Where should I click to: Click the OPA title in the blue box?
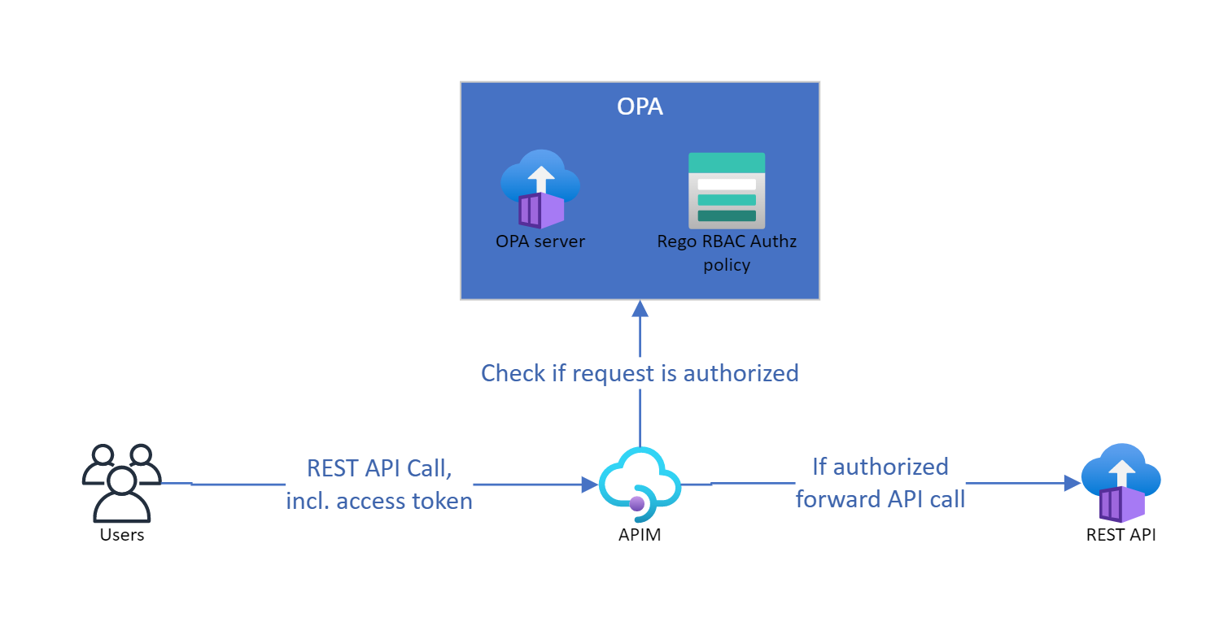640,106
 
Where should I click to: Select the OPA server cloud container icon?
540,189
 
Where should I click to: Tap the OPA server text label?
540,241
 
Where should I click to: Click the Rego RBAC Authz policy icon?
726,190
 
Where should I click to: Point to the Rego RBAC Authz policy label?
726,253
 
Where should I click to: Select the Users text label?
122,534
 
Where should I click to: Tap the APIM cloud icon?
640,485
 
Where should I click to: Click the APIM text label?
640,534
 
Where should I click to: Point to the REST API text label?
1121,534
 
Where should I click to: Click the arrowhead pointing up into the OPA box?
640,308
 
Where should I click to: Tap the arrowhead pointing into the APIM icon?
590,485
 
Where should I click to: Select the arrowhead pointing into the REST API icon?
1073,483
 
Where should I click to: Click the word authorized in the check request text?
741,373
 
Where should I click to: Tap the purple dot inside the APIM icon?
636,503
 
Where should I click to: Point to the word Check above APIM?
513,373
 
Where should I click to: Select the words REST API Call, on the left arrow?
379,468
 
